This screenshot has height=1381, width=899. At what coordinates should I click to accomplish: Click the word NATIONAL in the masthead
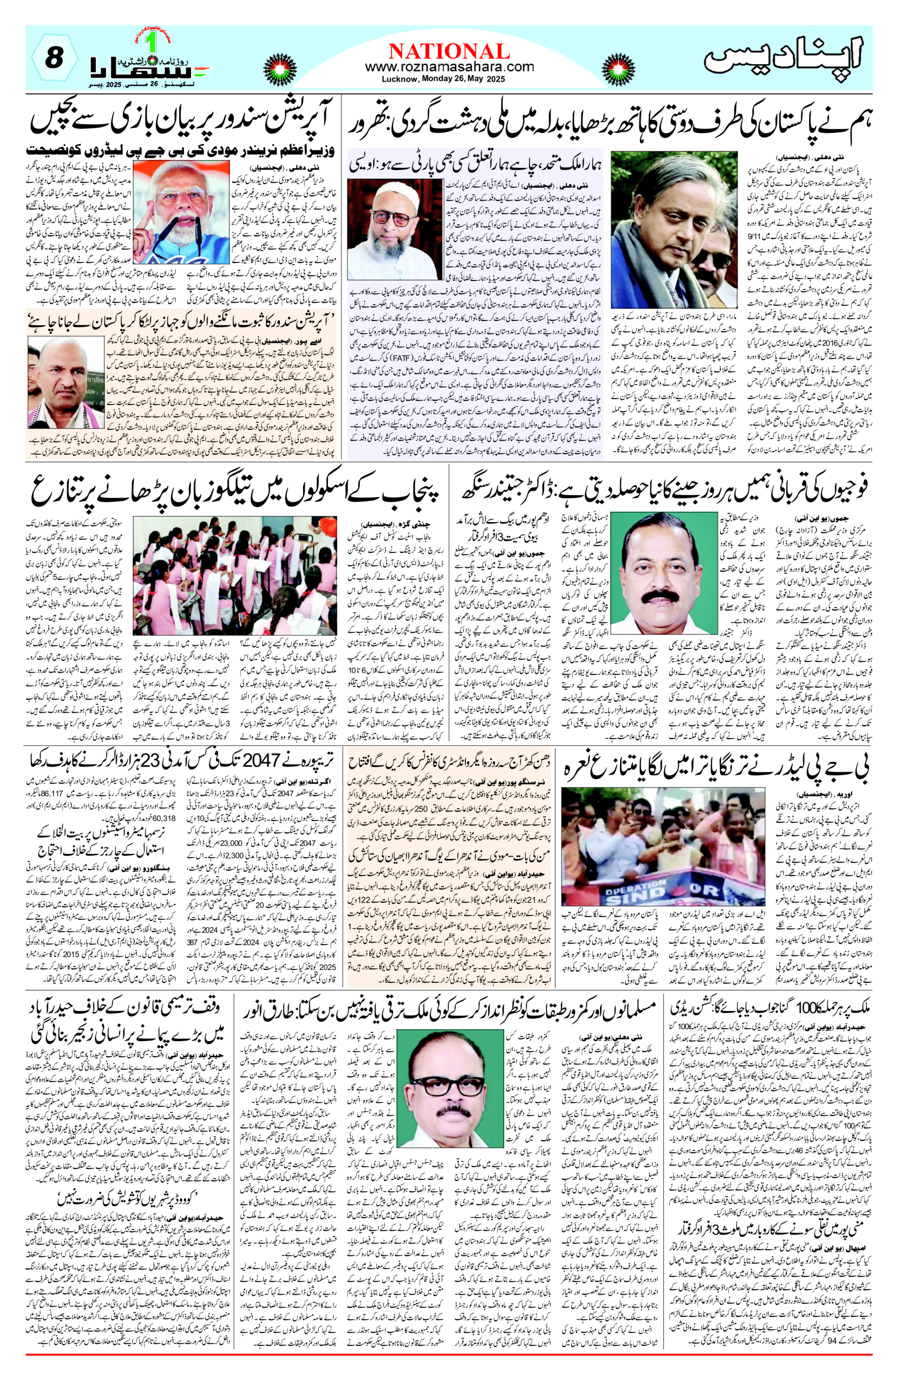pos(449,51)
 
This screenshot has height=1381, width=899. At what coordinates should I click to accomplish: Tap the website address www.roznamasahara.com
pos(449,67)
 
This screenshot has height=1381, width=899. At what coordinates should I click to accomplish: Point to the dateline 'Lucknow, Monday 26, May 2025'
pos(443,79)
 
